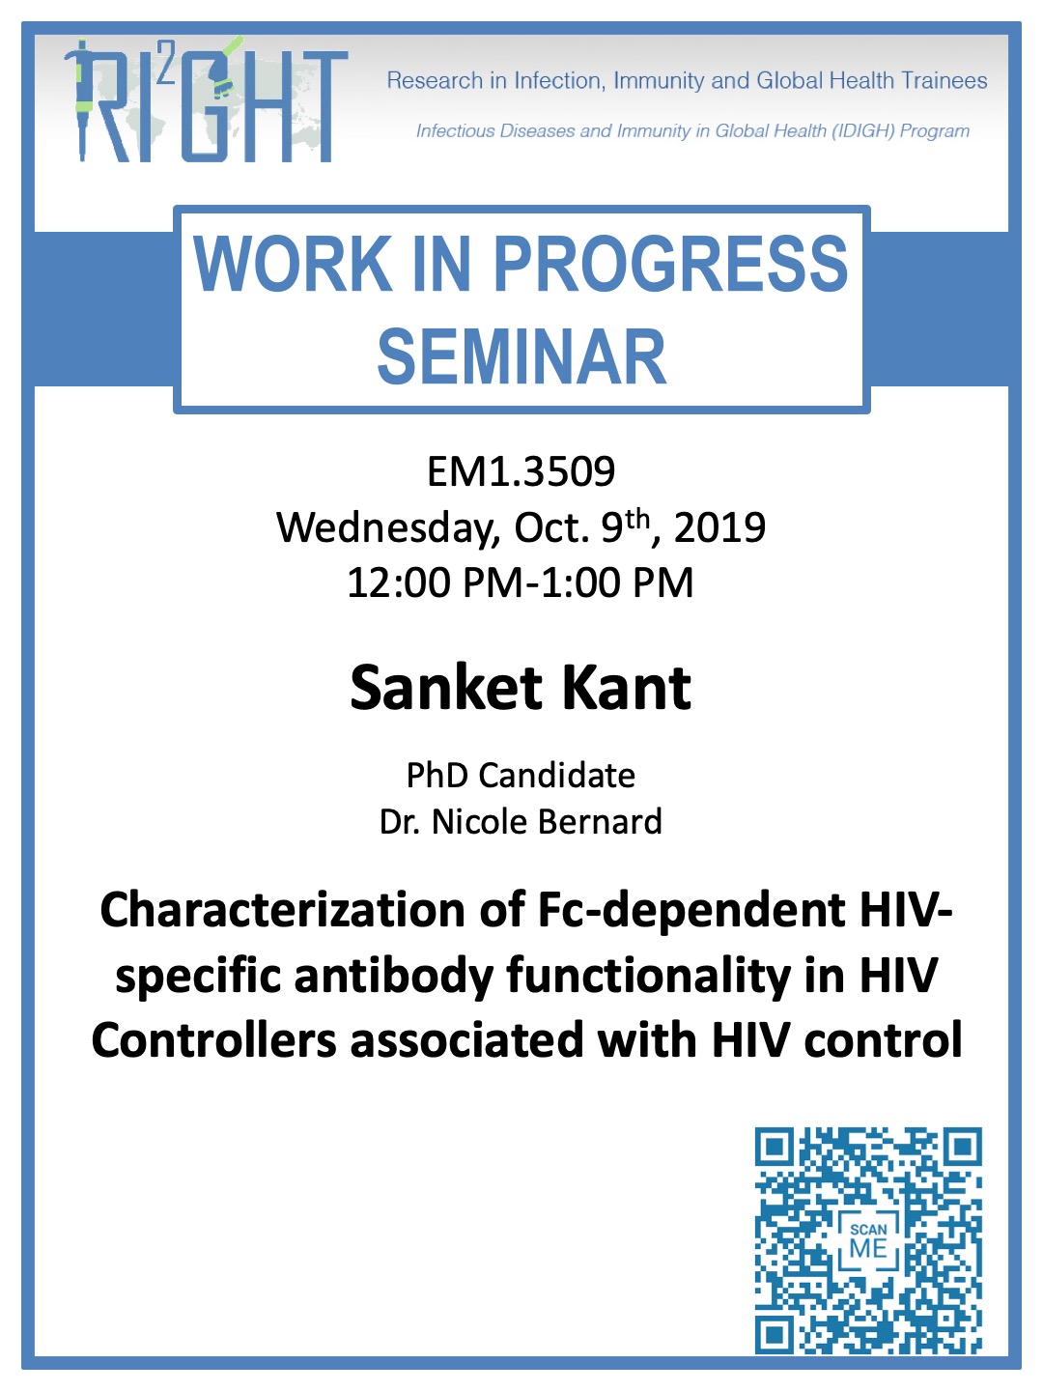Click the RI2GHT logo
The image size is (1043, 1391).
(x=206, y=100)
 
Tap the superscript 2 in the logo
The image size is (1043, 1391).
(x=166, y=70)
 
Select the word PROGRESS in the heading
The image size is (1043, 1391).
(x=670, y=264)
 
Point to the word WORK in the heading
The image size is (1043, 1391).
(x=292, y=264)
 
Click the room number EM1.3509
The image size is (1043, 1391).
(x=521, y=471)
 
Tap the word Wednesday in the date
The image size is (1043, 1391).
(x=388, y=527)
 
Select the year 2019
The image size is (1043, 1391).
(x=719, y=527)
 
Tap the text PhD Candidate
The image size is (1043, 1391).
(x=521, y=775)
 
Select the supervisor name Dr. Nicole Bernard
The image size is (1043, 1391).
(x=521, y=822)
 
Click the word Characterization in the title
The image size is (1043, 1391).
(x=282, y=910)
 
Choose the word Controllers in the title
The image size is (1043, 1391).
(x=214, y=1041)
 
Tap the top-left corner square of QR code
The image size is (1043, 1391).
(x=774, y=1147)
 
